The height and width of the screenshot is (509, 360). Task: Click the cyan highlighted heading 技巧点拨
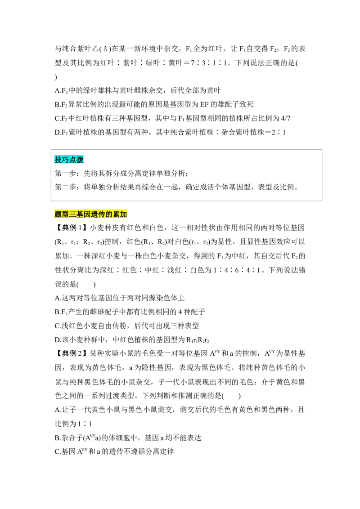pos(70,160)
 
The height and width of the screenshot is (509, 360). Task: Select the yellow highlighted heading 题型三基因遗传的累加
pos(91,214)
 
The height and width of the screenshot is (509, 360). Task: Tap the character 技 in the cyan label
pos(58,160)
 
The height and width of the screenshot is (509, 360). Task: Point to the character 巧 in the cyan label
pos(66,160)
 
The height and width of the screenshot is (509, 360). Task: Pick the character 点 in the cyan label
pos(73,160)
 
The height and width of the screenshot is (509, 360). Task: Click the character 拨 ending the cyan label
pos(81,160)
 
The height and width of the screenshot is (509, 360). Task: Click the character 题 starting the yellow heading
pos(58,214)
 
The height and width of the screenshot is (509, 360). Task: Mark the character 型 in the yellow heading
pos(65,214)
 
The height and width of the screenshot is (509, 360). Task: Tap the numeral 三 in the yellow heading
pos(73,214)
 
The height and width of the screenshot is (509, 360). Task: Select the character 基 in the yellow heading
pos(80,214)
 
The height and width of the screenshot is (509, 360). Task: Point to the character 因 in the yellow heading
pos(87,214)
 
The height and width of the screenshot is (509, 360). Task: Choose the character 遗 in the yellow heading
pos(95,214)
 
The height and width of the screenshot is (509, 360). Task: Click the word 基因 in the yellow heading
pos(84,214)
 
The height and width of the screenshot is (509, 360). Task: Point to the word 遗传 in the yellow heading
pos(99,214)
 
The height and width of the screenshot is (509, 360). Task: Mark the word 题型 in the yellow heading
pos(62,214)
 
